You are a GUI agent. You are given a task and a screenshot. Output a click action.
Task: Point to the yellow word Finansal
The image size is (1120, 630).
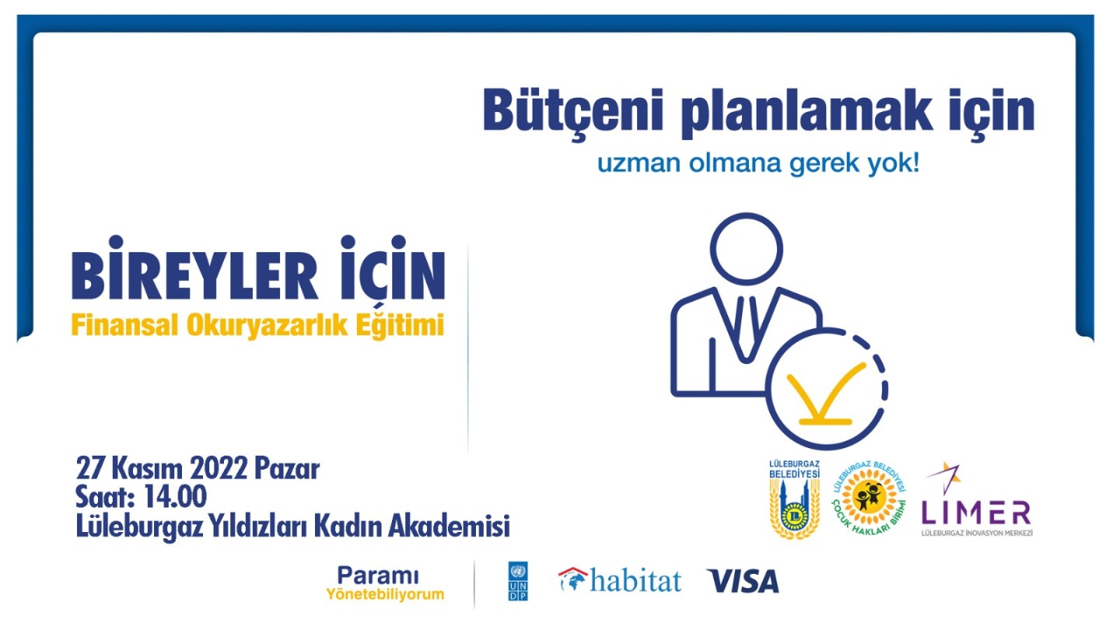tap(125, 325)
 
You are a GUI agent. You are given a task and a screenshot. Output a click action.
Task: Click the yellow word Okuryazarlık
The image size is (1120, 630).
tap(267, 327)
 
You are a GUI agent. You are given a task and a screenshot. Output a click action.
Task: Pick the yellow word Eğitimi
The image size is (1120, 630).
tap(400, 325)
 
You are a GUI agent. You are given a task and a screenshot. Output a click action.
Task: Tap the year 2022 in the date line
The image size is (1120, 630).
tap(219, 470)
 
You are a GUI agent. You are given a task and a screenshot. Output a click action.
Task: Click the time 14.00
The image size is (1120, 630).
tap(175, 497)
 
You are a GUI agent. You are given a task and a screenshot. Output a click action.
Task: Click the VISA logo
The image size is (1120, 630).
tap(743, 582)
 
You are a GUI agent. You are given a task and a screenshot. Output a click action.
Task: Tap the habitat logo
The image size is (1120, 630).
tap(620, 580)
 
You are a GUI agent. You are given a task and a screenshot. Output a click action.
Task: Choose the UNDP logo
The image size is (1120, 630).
tap(517, 581)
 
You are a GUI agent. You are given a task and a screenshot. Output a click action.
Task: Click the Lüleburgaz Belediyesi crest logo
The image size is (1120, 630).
tap(794, 499)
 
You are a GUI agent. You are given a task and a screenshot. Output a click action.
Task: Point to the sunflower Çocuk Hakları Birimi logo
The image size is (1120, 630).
tap(869, 499)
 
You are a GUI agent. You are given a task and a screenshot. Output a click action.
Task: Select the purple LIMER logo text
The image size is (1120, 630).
tap(976, 513)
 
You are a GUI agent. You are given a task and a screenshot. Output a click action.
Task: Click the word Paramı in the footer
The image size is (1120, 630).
tap(377, 576)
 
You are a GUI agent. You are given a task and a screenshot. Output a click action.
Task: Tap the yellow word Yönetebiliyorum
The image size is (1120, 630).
tap(385, 594)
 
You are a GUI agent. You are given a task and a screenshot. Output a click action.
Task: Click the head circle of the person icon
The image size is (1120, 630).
tap(746, 249)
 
